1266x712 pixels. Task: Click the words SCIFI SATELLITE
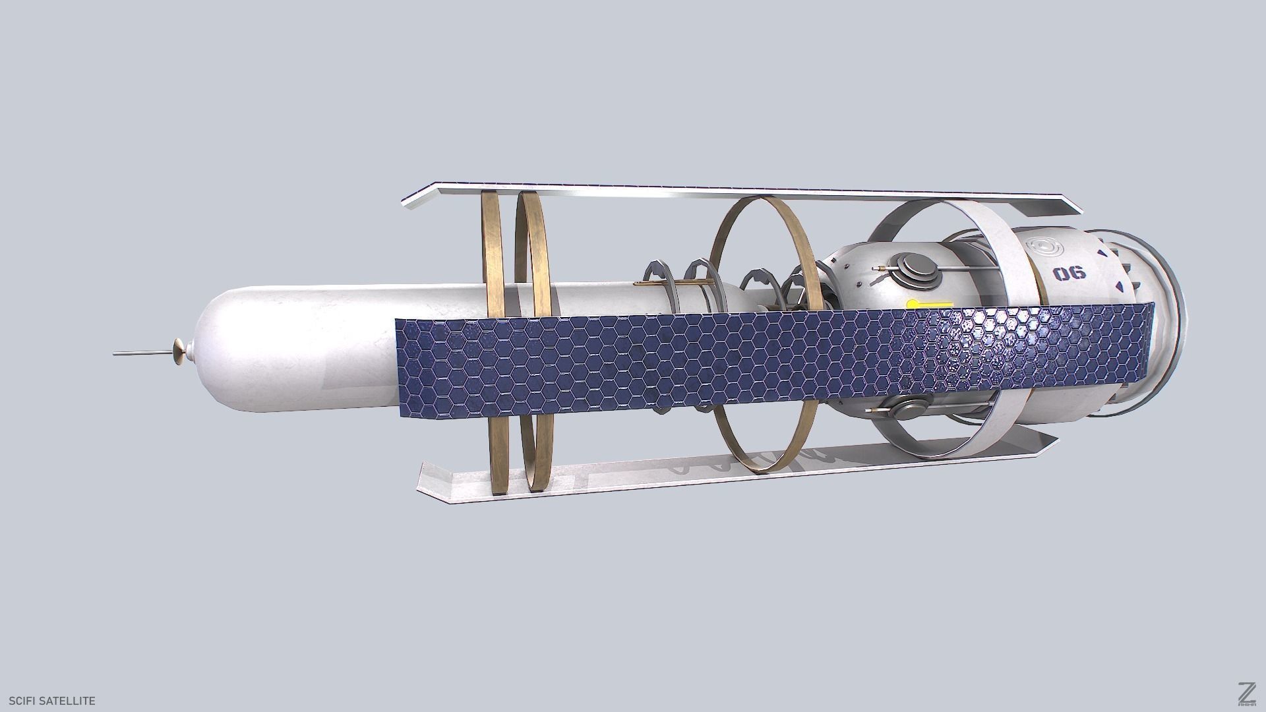click(x=52, y=701)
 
